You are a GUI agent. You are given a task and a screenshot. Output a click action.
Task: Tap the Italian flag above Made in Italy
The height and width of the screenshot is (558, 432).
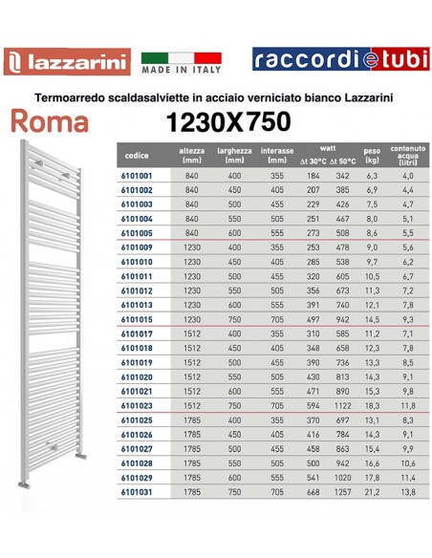tap(181, 57)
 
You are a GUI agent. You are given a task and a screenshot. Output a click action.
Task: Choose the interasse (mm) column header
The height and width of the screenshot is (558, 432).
tap(277, 157)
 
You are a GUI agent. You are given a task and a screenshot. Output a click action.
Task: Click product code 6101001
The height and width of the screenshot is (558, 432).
tap(140, 178)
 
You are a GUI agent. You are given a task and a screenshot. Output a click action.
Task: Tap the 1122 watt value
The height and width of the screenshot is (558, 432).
tap(342, 404)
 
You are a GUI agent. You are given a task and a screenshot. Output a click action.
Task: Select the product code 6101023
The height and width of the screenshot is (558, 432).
tap(140, 404)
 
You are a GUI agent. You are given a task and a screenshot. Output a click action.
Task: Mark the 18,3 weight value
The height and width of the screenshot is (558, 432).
tap(374, 404)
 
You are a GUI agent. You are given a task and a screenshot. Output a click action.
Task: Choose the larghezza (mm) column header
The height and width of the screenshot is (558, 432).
tap(234, 157)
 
